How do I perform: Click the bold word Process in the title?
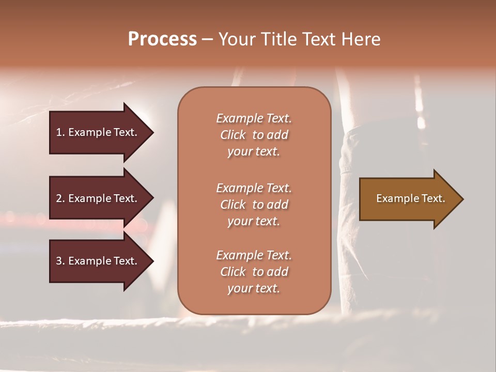coord(162,39)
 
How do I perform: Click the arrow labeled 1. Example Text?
coord(98,132)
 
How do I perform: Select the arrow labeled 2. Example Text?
coord(98,198)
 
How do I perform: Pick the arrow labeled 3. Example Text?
coord(98,261)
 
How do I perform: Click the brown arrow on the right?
coord(408,199)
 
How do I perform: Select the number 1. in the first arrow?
coord(60,132)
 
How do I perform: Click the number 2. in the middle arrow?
coord(60,198)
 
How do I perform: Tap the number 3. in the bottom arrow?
coord(60,261)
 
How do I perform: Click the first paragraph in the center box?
coord(254,135)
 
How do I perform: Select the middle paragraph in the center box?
coord(254,204)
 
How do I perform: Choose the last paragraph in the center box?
coord(254,272)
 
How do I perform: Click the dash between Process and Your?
coord(208,39)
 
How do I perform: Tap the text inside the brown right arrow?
coord(410,198)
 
